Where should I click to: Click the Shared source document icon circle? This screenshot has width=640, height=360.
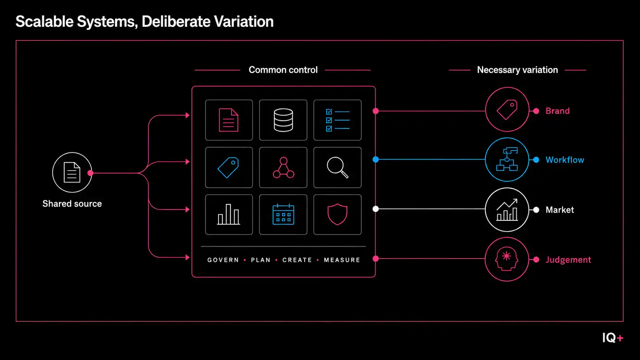(72, 173)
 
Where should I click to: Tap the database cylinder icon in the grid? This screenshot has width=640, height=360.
(283, 120)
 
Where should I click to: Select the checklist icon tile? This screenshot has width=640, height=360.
(338, 120)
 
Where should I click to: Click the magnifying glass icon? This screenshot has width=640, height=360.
(338, 167)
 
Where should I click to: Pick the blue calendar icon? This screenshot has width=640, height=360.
(283, 214)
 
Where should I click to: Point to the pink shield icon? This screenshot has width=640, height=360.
(338, 214)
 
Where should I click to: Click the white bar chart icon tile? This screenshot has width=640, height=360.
(229, 215)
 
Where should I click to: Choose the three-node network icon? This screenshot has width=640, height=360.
(283, 168)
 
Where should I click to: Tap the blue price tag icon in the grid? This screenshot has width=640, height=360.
(228, 168)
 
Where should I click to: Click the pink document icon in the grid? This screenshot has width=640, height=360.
(229, 120)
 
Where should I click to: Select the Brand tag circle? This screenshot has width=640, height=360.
(507, 109)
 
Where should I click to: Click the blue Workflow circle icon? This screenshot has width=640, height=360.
(507, 160)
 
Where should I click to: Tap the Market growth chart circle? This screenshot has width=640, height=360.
(507, 210)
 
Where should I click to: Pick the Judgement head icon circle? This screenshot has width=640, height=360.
(507, 259)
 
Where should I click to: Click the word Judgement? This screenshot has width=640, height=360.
(568, 260)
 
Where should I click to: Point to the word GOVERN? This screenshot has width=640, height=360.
(223, 260)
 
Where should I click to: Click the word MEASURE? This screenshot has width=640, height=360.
(342, 260)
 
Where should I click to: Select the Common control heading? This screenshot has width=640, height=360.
(283, 70)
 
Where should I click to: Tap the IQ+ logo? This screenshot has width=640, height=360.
(613, 338)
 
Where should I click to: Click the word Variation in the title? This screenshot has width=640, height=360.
(244, 21)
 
